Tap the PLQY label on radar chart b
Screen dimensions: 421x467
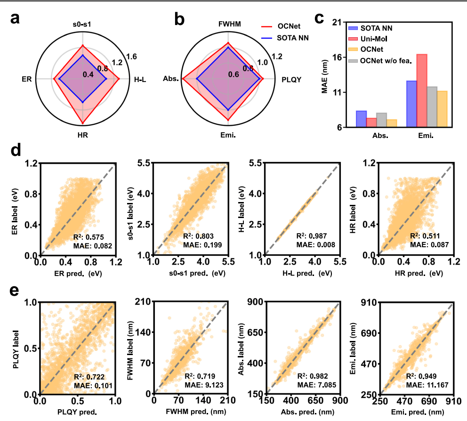point(292,80)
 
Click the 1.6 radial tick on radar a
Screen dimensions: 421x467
point(131,57)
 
